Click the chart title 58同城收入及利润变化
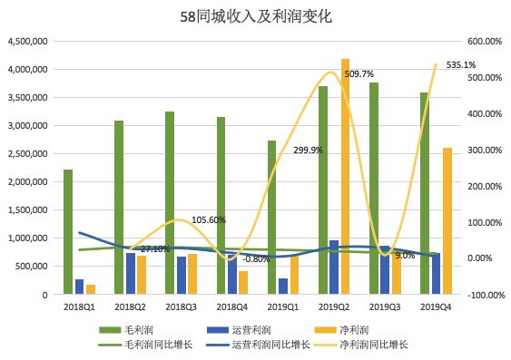255,16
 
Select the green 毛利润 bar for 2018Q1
67,232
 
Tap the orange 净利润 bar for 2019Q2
346,177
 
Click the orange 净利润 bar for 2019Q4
448,221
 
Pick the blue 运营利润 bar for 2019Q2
335,268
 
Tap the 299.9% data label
307,151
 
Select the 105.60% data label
209,220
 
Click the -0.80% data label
258,259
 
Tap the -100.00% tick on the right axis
481,295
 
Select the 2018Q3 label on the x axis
180,309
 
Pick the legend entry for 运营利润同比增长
267,344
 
